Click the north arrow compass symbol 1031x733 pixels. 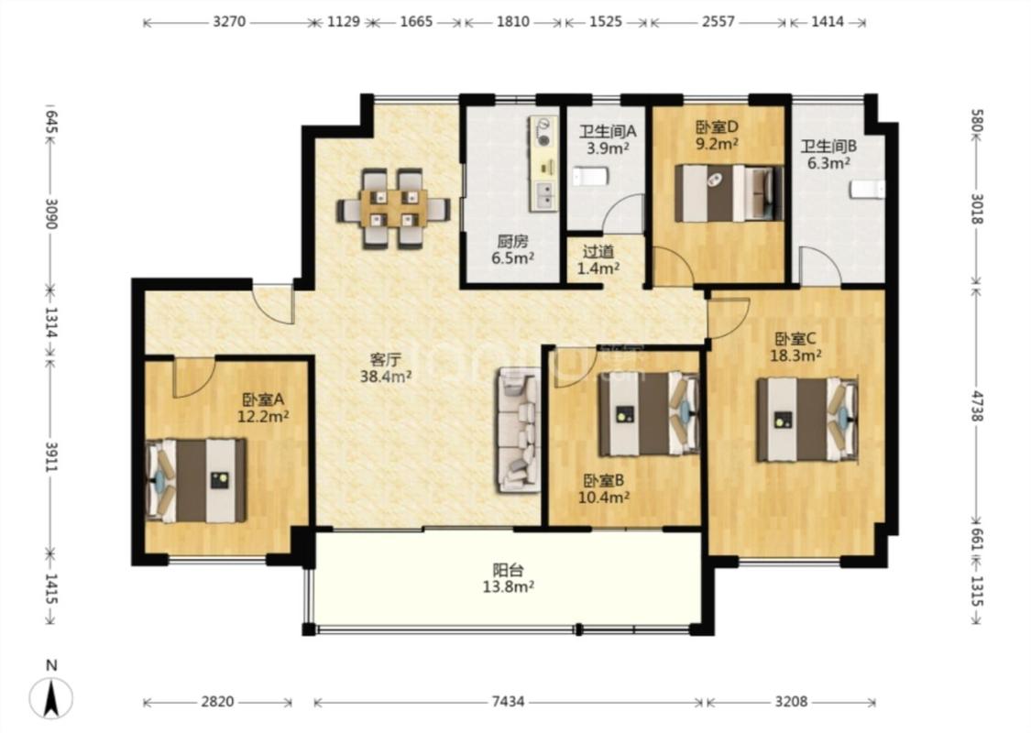[51, 698]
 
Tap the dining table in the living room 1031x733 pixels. [393, 209]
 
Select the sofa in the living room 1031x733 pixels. [519, 430]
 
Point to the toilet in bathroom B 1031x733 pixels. [867, 190]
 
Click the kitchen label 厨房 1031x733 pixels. [512, 242]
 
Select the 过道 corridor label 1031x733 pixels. [598, 251]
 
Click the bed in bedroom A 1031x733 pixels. [196, 480]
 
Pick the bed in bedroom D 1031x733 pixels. [729, 192]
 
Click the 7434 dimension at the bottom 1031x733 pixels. [509, 702]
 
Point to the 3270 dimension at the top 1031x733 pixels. [229, 22]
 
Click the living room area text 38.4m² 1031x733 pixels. [386, 377]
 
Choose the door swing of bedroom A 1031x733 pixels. [194, 378]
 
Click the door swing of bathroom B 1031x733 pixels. [820, 267]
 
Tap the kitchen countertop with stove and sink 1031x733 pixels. [543, 164]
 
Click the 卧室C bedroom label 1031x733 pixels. [795, 339]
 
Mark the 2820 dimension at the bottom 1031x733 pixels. [217, 702]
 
